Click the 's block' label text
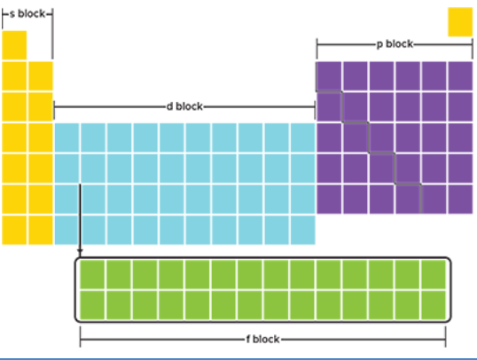point(27,13)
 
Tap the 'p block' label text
point(395,44)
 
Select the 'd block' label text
point(184,106)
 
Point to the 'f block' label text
point(262,339)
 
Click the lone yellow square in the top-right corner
point(460,22)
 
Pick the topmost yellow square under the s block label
point(14,45)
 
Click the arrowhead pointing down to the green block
point(80,252)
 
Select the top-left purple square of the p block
point(329,76)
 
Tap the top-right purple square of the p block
point(460,76)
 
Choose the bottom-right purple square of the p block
point(460,200)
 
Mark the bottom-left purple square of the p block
point(329,200)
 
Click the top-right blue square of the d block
point(303,137)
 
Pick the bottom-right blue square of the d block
point(303,230)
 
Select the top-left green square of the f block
point(92,274)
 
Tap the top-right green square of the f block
point(434,274)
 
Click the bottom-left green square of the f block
point(92,305)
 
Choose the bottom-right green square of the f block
point(434,305)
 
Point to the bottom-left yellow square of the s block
point(14,230)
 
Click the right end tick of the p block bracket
point(473,49)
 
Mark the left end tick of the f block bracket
point(81,337)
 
